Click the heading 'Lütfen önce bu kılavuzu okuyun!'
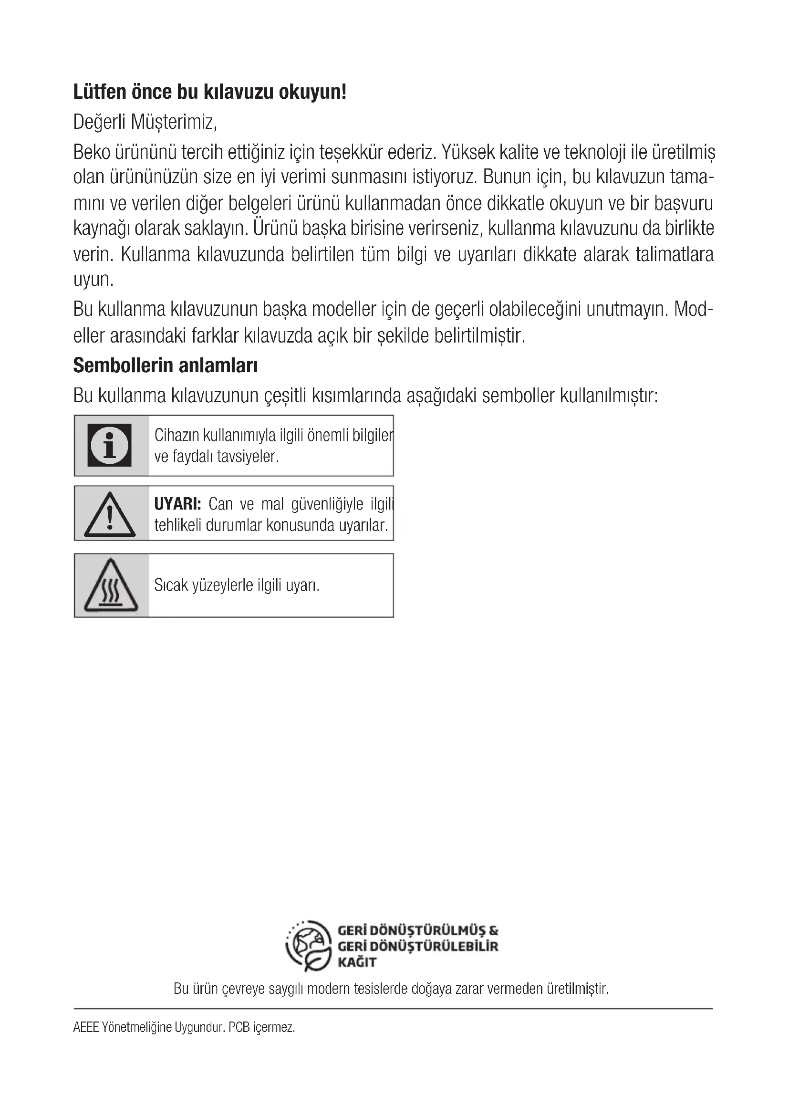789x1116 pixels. point(209,92)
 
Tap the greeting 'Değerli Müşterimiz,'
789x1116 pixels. point(145,122)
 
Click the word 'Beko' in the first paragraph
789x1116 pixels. point(91,152)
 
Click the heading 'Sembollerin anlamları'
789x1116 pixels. point(165,365)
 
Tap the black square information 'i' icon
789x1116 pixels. point(109,445)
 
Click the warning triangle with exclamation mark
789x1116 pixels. point(110,515)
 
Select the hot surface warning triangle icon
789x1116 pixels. point(111,586)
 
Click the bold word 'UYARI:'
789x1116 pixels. point(177,504)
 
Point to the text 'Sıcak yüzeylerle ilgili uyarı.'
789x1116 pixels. point(237,585)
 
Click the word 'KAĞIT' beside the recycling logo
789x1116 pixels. point(357,962)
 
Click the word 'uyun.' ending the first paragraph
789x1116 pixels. point(93,280)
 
